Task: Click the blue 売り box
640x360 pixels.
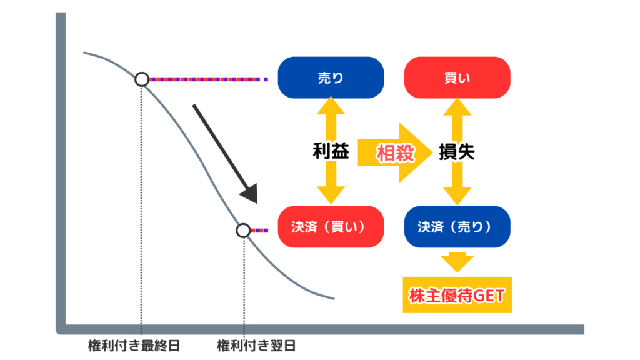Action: click(x=331, y=77)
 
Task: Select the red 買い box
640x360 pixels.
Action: click(x=457, y=77)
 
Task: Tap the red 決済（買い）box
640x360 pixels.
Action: click(x=331, y=227)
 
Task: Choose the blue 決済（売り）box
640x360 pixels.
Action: click(x=457, y=227)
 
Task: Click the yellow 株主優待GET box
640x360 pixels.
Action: click(x=457, y=295)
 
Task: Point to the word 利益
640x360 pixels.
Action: click(x=331, y=151)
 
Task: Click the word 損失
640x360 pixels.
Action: click(x=457, y=152)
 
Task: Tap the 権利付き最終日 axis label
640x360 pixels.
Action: click(x=134, y=346)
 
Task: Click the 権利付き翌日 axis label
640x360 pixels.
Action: click(x=256, y=346)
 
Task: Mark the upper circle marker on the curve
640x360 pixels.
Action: click(x=142, y=79)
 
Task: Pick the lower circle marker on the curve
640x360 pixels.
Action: click(x=243, y=231)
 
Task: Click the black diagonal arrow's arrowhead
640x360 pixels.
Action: click(x=250, y=194)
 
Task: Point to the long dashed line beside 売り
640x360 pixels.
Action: click(x=209, y=79)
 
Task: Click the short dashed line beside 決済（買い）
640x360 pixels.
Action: click(x=259, y=231)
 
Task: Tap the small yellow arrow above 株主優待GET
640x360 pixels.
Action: click(x=457, y=261)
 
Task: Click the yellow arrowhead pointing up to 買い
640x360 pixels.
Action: click(x=457, y=106)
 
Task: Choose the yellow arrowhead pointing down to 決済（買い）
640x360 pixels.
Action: click(x=331, y=196)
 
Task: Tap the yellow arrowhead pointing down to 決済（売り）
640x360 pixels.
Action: click(x=457, y=196)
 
